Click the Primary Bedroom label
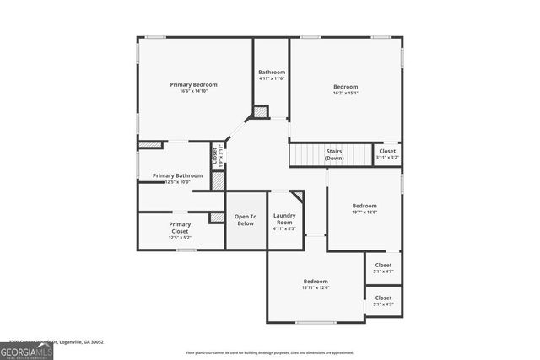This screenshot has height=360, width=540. point(193,84)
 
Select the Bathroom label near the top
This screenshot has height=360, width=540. point(272,73)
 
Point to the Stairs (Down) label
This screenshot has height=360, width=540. point(334,154)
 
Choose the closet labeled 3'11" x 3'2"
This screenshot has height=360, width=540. point(387,154)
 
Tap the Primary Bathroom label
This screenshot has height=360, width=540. point(177,175)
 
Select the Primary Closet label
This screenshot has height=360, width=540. point(180,224)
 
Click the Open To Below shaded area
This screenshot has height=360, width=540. point(245,220)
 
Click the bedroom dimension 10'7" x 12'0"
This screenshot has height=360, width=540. point(364,212)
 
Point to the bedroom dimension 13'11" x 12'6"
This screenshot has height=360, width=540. point(316,287)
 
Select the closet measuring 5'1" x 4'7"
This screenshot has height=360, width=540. point(383,268)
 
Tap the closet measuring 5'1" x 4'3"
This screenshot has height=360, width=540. point(383,301)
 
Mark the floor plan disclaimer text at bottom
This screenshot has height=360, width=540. point(270,353)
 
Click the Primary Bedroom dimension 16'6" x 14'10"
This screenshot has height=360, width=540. point(193,91)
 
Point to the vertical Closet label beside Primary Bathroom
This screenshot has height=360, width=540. point(214,155)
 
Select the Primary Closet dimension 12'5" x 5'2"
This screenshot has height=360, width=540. point(180,238)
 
